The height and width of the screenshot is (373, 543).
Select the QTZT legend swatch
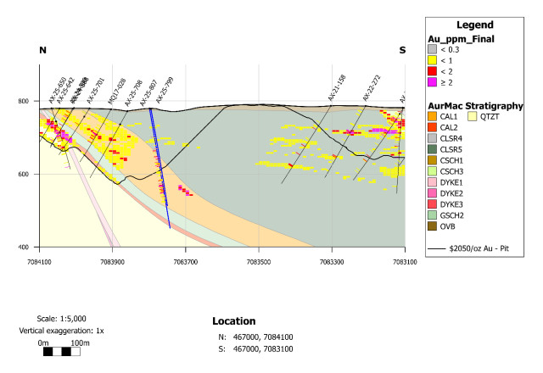(473, 116)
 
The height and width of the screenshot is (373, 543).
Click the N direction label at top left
(42, 51)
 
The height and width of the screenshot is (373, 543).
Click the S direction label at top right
(402, 51)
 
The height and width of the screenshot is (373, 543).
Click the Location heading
(233, 321)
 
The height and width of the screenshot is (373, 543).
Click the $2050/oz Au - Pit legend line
(439, 250)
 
